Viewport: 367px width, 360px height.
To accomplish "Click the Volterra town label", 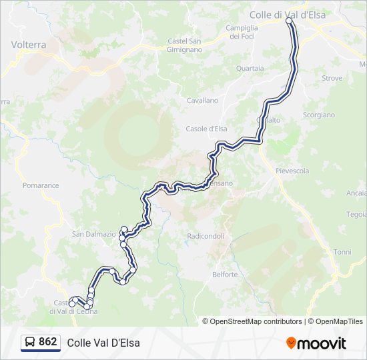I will (29, 45).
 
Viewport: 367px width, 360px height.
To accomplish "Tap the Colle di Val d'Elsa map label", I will (287, 13).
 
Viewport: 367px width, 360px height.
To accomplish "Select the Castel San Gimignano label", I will (185, 45).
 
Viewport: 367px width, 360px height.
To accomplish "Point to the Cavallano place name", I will (202, 100).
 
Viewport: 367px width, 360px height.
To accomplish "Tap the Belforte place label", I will (224, 274).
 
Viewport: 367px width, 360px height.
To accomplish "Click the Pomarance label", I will (41, 185).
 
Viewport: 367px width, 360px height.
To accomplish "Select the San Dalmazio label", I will (94, 234).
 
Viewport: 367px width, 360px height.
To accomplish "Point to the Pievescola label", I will (292, 171).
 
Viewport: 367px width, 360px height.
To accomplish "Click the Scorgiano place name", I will (319, 115).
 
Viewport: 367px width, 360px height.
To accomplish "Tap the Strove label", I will (332, 78).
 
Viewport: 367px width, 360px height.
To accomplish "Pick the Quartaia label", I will (250, 68).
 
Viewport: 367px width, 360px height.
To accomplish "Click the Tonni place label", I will (342, 252).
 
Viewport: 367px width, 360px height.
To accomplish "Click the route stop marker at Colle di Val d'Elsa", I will (290, 21).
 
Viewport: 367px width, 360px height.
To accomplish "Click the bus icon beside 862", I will (30, 342).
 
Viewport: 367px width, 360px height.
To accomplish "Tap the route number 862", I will (47, 342).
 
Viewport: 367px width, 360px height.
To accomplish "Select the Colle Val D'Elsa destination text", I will (103, 343).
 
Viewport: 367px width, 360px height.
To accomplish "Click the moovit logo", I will (316, 343).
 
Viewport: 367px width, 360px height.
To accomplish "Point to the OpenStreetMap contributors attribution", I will (256, 321).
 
